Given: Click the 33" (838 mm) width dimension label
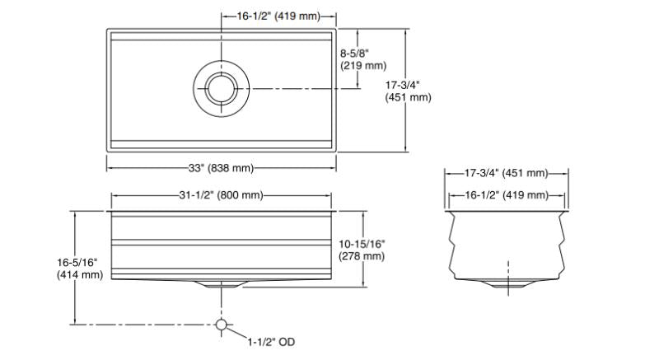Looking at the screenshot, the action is pos(221,168).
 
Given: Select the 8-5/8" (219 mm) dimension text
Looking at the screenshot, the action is pos(362,59).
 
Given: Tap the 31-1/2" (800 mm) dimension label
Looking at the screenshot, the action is pos(221,195).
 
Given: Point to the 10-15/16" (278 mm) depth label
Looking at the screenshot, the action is pos(362,250).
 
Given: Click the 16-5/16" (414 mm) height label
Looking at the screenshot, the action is pos(80,269).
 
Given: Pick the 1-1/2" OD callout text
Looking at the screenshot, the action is pos(271,342).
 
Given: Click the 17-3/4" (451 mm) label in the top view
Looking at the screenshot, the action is pos(408,91).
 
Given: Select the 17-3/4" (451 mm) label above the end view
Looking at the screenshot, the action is pos(507,173).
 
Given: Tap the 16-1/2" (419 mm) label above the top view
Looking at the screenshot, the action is pos(278,16).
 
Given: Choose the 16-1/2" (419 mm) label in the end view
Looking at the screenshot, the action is pos(507,195).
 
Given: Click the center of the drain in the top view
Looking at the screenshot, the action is pos(221,89).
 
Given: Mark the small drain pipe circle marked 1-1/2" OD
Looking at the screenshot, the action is pos(221,325).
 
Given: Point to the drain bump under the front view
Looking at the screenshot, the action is pos(221,284).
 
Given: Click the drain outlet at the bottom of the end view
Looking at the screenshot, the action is pos(508,283).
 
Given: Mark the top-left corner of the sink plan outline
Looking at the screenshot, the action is pos(107,29).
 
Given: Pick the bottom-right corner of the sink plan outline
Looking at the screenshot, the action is pos(336,152).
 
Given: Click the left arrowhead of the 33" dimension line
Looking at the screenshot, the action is pos(110,168).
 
